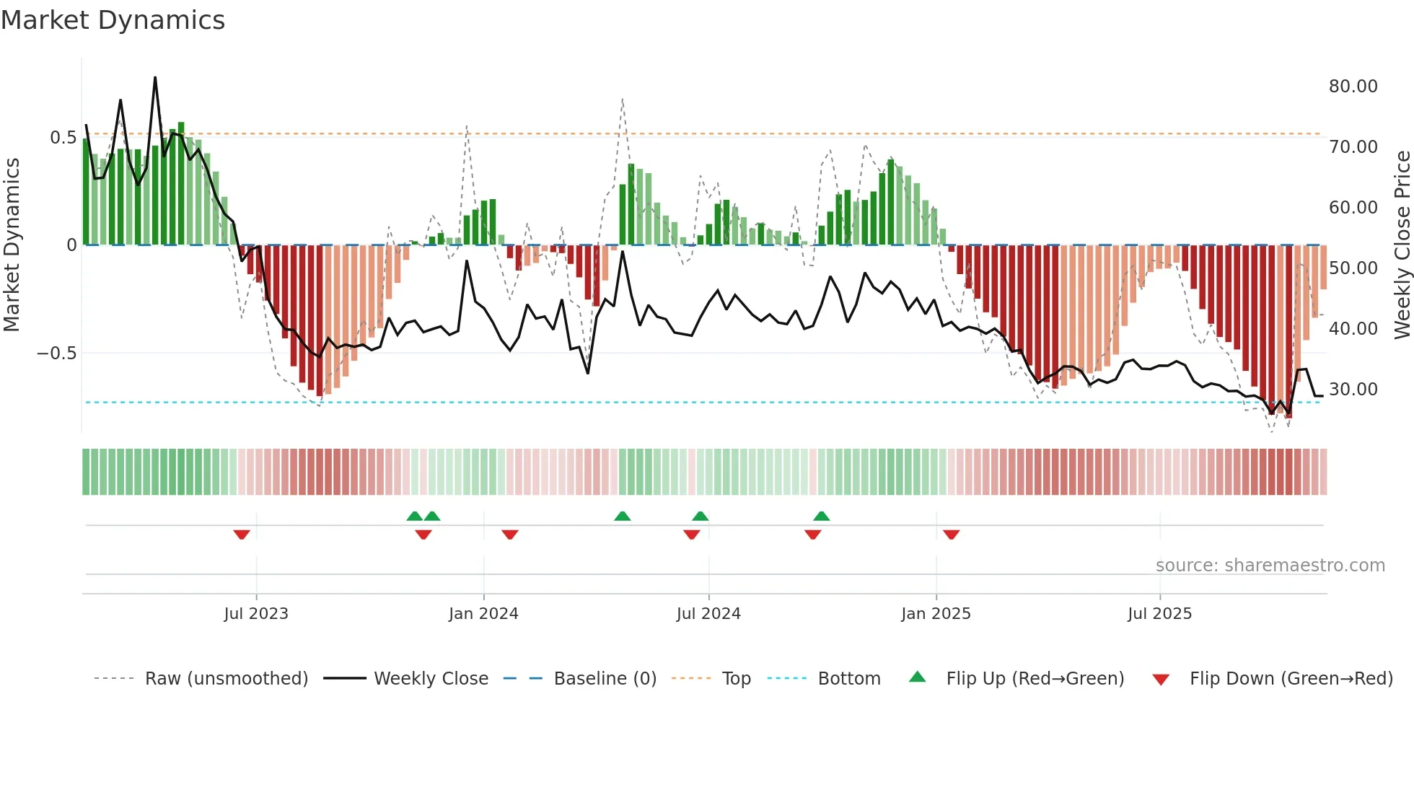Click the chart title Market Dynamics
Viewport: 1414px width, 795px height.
click(113, 20)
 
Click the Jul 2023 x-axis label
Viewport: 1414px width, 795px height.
click(256, 614)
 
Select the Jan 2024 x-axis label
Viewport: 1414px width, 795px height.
click(483, 614)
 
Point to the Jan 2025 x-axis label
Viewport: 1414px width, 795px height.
click(936, 614)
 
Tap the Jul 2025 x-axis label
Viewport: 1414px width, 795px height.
click(1160, 614)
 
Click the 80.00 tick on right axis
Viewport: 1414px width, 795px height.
click(1353, 87)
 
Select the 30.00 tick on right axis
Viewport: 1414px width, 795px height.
click(1353, 390)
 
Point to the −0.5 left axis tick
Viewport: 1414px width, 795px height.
click(56, 353)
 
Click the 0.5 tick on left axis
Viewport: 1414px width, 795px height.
click(63, 138)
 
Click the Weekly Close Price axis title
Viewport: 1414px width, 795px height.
click(1402, 245)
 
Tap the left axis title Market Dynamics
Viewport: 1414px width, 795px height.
click(12, 245)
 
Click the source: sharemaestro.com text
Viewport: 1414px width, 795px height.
click(1270, 566)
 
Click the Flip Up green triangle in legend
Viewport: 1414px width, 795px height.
click(917, 677)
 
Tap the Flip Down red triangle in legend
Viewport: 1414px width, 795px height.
click(1161, 680)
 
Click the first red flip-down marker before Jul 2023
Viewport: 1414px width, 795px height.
click(242, 535)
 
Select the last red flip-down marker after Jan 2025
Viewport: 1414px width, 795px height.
click(951, 535)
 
